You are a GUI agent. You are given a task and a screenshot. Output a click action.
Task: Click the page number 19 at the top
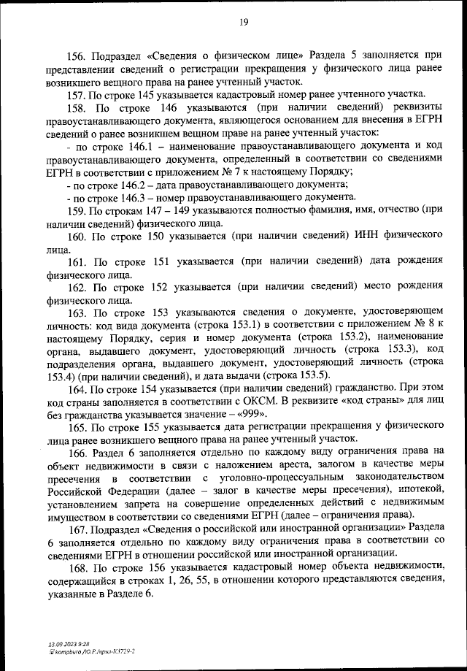(244, 22)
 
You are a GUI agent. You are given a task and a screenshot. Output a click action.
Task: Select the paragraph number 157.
(78, 96)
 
